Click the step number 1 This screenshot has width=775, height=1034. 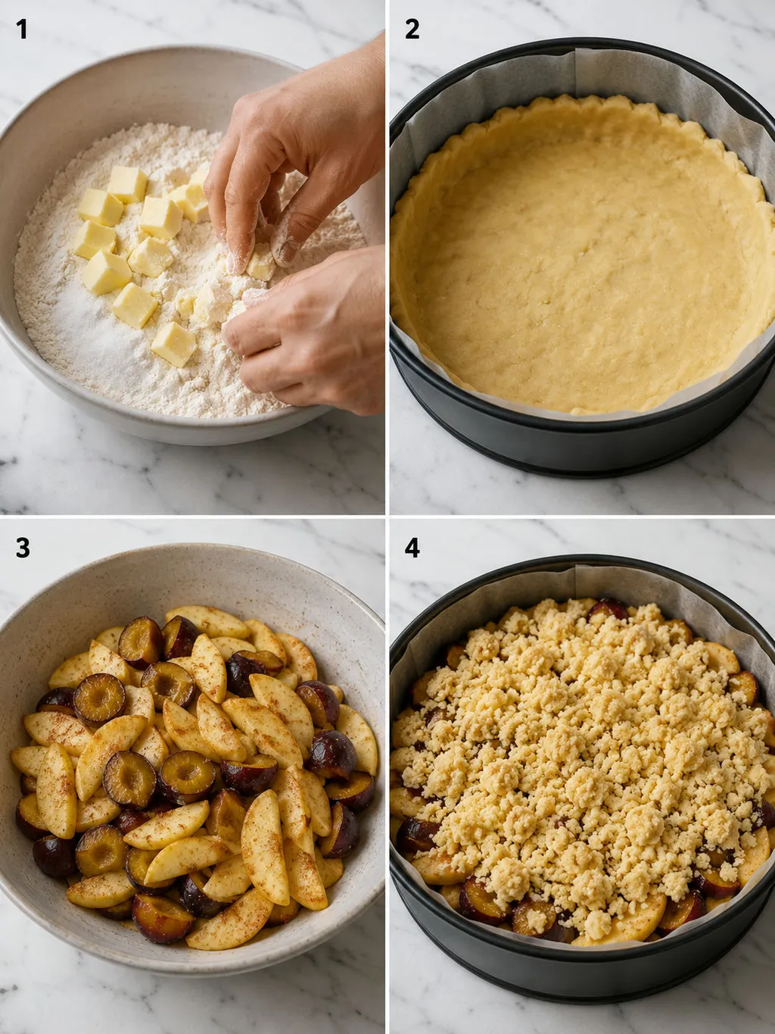tap(22, 30)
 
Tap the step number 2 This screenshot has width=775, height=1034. tap(412, 30)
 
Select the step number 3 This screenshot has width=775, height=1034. tap(23, 548)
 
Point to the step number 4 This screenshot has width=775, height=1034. tap(412, 548)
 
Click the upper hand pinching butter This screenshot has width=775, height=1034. tap(291, 155)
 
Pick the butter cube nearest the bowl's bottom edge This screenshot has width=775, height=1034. tap(173, 344)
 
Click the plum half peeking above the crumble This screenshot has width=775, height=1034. tap(607, 608)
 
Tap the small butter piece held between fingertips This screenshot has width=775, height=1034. tap(260, 266)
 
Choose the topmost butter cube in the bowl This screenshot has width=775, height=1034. tap(127, 184)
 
